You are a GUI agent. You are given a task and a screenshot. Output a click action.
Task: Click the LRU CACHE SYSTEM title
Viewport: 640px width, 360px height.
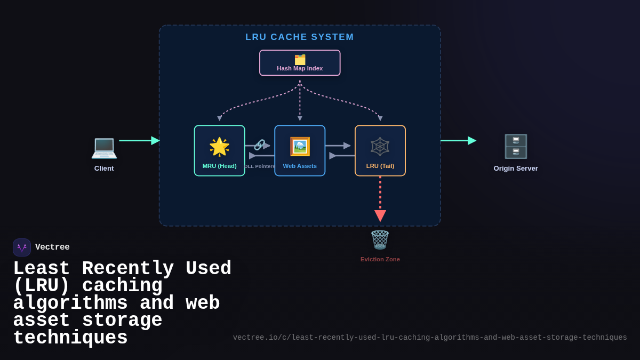300,37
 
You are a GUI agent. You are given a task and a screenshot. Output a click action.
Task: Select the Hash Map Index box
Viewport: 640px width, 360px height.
300,63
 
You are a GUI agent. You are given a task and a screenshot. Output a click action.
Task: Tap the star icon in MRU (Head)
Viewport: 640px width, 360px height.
219,147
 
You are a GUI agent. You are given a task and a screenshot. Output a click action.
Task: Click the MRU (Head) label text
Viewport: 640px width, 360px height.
219,166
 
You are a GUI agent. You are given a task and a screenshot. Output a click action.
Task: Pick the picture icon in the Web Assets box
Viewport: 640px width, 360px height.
300,147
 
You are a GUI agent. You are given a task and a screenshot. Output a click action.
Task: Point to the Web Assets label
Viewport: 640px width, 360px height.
300,166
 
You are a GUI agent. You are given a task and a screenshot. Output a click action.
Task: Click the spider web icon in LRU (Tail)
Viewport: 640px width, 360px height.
380,147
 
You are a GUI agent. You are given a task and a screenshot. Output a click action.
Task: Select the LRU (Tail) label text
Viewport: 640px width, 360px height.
380,166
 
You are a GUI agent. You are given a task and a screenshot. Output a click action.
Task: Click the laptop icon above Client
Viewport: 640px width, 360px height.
104,147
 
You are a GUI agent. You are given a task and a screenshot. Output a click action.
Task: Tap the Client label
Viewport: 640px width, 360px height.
104,169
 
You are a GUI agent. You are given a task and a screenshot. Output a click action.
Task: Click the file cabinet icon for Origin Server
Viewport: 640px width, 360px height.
516,147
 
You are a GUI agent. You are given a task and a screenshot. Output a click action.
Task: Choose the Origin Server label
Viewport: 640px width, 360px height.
516,169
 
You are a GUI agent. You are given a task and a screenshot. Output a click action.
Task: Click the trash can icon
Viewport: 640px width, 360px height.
380,240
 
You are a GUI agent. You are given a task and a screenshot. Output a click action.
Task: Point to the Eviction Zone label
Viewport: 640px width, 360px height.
380,259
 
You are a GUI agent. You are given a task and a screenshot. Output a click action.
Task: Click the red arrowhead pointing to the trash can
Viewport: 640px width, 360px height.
380,215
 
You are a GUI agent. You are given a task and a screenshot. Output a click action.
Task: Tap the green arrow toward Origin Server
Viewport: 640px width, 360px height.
458,141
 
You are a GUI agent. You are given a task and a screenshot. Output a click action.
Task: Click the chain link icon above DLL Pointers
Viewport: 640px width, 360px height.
259,145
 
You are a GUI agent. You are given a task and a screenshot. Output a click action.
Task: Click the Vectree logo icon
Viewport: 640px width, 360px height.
22,247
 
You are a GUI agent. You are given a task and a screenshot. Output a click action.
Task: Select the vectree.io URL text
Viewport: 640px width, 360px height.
430,338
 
